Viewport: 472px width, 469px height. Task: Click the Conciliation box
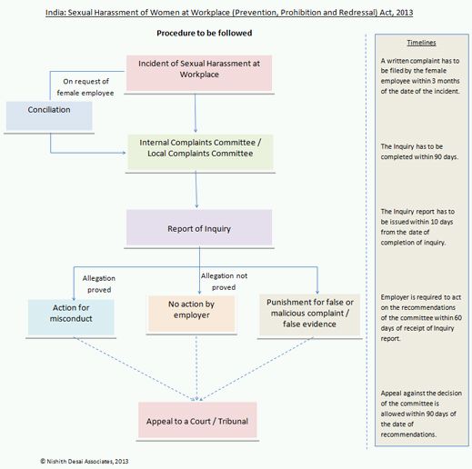pos(49,116)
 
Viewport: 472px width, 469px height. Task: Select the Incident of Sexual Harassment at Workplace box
pos(199,73)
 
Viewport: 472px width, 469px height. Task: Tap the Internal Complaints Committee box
pos(200,152)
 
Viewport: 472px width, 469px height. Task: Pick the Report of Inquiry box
pos(199,227)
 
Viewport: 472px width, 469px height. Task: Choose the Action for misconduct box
pos(71,317)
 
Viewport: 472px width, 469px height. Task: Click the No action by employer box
pos(192,314)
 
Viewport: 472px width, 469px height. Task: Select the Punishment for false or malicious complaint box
pos(309,315)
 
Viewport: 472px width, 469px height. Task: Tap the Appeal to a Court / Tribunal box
pos(197,420)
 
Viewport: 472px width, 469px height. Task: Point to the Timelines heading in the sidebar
pos(421,43)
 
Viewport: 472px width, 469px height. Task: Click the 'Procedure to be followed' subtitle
pos(205,33)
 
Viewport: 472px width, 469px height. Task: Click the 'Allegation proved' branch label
pos(99,284)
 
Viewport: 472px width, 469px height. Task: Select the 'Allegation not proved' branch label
pos(224,282)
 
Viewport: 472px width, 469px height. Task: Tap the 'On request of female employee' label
pos(85,87)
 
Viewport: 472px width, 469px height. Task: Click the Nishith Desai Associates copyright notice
pos(85,461)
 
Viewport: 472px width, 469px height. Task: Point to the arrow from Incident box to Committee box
pos(196,113)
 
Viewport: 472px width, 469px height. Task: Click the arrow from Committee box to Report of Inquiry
pos(196,189)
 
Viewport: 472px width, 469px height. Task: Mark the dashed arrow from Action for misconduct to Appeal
pos(135,369)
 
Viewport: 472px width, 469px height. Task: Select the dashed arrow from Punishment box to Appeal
pos(256,369)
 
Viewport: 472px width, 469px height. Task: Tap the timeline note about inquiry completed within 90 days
pos(419,152)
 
